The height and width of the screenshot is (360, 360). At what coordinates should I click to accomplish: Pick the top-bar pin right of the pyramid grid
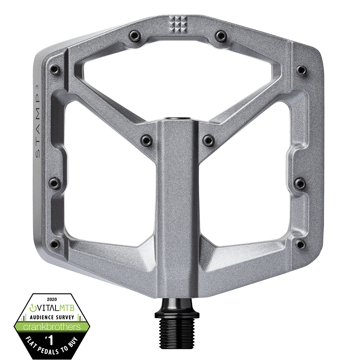(219, 36)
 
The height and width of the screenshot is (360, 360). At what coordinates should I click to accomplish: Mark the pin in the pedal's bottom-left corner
(54, 243)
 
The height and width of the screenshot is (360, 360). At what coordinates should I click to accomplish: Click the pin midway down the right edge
(299, 183)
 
